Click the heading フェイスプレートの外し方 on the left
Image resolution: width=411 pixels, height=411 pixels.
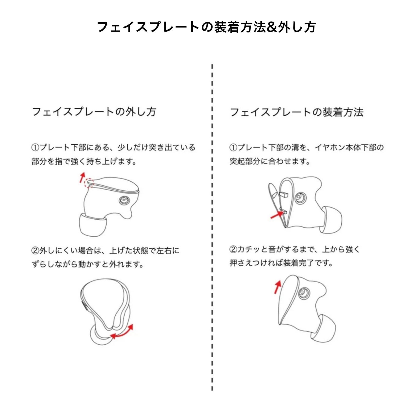point(94,112)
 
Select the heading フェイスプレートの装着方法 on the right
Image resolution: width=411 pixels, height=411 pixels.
point(297,112)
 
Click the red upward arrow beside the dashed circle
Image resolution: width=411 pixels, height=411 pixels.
point(82,178)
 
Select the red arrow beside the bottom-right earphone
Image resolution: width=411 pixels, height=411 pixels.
point(277,287)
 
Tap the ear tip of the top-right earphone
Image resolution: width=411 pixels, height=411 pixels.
point(331,220)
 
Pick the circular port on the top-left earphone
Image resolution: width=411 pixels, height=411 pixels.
point(124,200)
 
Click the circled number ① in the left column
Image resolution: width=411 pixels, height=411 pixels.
point(35,148)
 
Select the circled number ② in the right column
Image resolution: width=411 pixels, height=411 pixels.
point(233,249)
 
